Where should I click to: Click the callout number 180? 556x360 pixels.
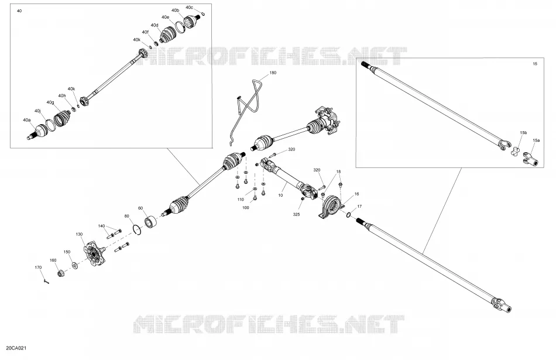pos(273,73)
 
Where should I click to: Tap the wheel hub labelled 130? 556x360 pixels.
pos(95,253)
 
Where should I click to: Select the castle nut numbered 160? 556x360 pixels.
pos(61,274)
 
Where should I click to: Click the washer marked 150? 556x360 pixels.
pos(74,265)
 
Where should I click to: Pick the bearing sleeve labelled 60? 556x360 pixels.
pos(151,222)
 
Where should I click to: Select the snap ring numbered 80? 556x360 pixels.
pos(138,229)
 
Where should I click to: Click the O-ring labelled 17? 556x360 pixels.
pos(349,215)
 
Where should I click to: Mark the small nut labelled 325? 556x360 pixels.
pos(303,200)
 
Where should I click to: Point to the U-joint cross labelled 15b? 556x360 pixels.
pos(516,151)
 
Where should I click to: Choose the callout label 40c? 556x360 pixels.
pos(190,7)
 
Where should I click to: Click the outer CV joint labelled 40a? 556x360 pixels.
pos(37,132)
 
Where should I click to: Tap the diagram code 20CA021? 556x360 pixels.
pos(16,348)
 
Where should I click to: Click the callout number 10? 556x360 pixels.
pos(281,196)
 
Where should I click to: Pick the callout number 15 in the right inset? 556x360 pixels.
pos(535,64)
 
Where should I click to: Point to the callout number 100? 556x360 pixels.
pos(245,208)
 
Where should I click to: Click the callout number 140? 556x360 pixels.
pos(101,226)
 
